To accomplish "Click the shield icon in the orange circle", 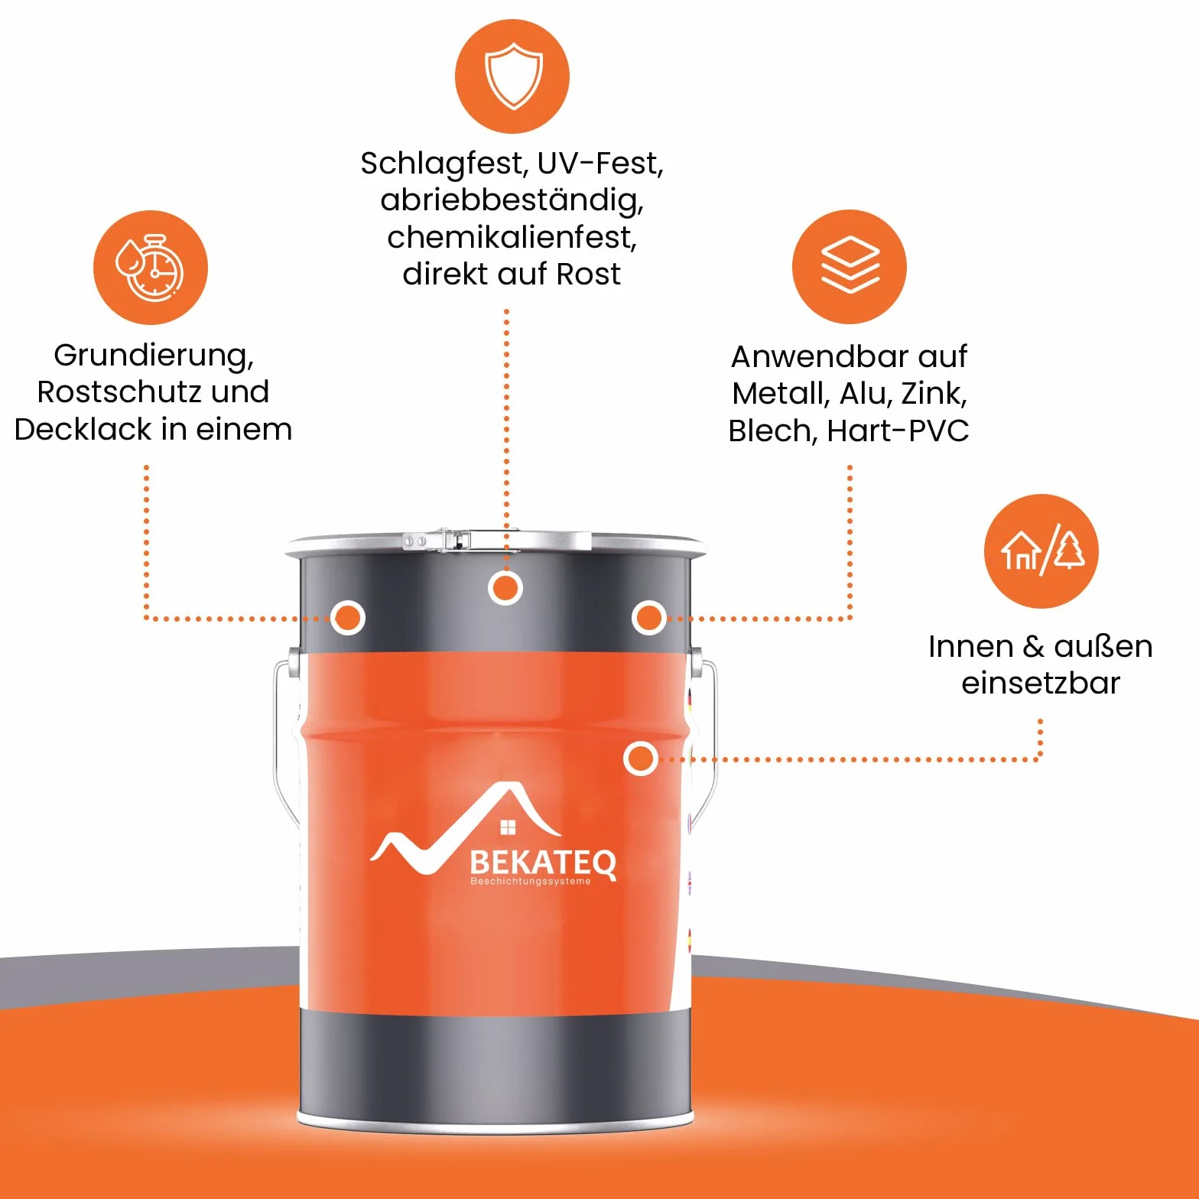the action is [x=513, y=76].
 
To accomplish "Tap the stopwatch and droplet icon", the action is [x=150, y=268].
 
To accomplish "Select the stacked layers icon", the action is [x=850, y=265].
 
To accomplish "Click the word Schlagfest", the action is [x=444, y=164].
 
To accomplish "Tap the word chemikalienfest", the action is [x=512, y=237].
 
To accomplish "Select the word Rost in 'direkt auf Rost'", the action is [x=588, y=274].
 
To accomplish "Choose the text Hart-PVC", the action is [x=898, y=431].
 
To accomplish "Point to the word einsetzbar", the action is [x=1041, y=683].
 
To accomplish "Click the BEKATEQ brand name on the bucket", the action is [x=543, y=863].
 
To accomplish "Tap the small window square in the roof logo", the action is [x=508, y=827].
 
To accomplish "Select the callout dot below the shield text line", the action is [x=505, y=588].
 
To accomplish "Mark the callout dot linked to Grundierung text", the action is [x=348, y=617].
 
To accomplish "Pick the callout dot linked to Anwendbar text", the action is [x=649, y=617].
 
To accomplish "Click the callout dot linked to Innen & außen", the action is [x=640, y=759].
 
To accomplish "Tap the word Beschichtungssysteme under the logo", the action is [x=531, y=882].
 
